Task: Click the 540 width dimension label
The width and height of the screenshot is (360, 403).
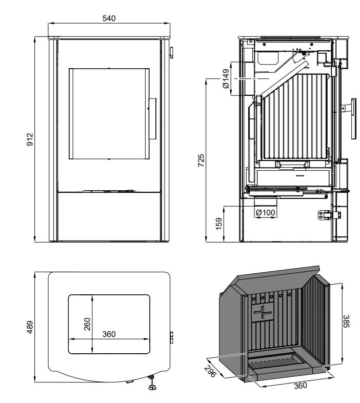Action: pyautogui.click(x=109, y=18)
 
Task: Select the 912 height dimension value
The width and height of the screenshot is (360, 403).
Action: pyautogui.click(x=30, y=139)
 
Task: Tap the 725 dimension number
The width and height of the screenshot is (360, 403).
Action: pyautogui.click(x=201, y=160)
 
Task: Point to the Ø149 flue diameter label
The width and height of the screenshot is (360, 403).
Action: pyautogui.click(x=226, y=79)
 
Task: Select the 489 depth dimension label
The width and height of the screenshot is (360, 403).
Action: pyautogui.click(x=30, y=327)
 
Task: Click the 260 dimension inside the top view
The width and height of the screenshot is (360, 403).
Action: pyautogui.click(x=87, y=324)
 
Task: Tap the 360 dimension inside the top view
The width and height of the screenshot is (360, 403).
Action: pyautogui.click(x=109, y=334)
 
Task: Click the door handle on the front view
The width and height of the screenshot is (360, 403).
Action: pyautogui.click(x=152, y=118)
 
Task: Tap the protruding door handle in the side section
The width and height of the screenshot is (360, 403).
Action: pyautogui.click(x=352, y=117)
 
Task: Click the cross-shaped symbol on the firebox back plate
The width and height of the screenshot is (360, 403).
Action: pyautogui.click(x=265, y=312)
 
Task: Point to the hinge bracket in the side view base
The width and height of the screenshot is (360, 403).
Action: pyautogui.click(x=325, y=215)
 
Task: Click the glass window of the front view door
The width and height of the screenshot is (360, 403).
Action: pyautogui.click(x=109, y=113)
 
